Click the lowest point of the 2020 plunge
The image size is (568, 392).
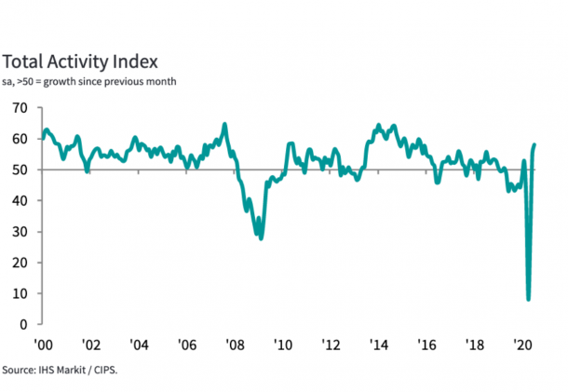[x=529, y=299]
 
